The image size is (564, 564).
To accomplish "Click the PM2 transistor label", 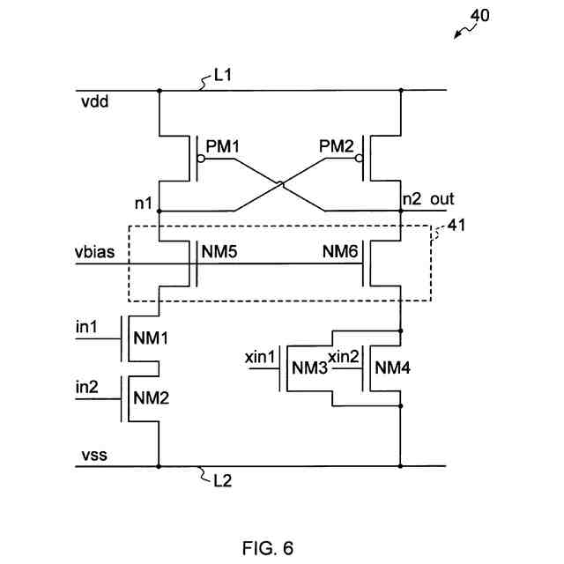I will (x=336, y=145).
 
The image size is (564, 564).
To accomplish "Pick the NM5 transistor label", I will (x=220, y=252).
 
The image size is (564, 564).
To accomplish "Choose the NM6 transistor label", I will (x=339, y=252).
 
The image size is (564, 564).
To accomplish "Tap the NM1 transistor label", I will (x=150, y=338).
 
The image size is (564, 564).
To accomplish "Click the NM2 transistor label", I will (x=150, y=397).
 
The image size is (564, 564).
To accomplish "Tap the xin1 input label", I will (x=261, y=358).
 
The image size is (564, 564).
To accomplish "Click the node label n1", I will (x=143, y=204).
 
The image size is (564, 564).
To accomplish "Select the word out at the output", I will (x=442, y=200).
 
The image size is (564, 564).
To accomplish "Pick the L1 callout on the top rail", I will (x=223, y=78).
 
